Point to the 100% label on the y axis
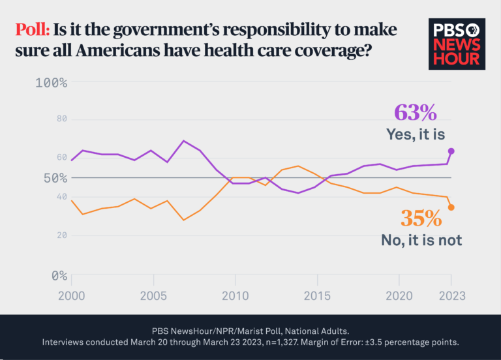[52, 83]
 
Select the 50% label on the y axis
[52, 177]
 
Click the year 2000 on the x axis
[70, 295]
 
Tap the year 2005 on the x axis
[153, 295]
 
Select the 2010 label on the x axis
[235, 295]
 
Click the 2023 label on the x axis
[450, 295]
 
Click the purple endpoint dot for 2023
[451, 151]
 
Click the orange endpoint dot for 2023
[451, 207]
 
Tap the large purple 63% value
[415, 112]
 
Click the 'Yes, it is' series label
[415, 134]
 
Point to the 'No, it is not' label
[421, 240]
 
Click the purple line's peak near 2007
[184, 141]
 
